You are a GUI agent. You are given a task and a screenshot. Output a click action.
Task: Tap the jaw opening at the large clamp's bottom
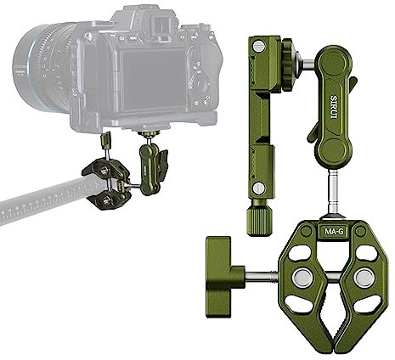pos(332,335)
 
